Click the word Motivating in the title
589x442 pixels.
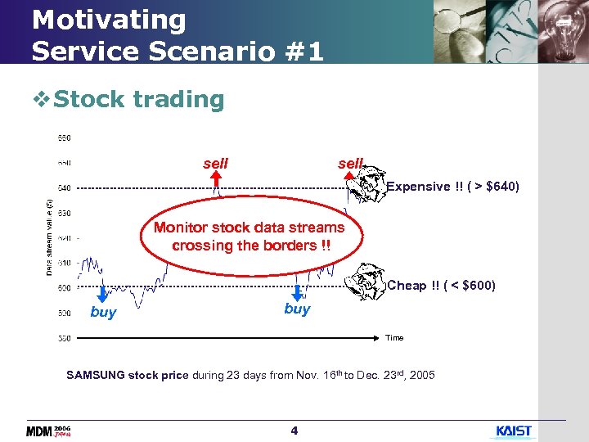click(x=109, y=20)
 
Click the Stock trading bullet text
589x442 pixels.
click(x=138, y=100)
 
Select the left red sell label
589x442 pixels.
click(x=215, y=164)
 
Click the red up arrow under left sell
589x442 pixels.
click(x=217, y=181)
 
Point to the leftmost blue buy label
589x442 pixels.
click(x=103, y=313)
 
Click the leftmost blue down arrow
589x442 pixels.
click(x=102, y=294)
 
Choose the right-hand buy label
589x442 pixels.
click(x=297, y=309)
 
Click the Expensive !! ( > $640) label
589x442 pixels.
click(x=452, y=187)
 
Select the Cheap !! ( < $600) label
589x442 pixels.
click(x=441, y=286)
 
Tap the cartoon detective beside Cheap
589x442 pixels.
click(x=367, y=281)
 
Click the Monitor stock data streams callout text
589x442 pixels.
click(x=250, y=237)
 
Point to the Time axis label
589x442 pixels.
click(x=394, y=337)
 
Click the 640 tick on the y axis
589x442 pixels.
click(x=63, y=187)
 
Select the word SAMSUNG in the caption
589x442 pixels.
click(x=96, y=376)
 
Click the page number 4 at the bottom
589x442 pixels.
click(x=294, y=431)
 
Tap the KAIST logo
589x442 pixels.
click(x=514, y=431)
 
